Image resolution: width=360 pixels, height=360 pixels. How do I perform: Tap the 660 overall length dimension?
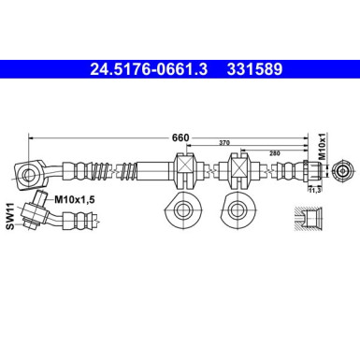tap(180, 137)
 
